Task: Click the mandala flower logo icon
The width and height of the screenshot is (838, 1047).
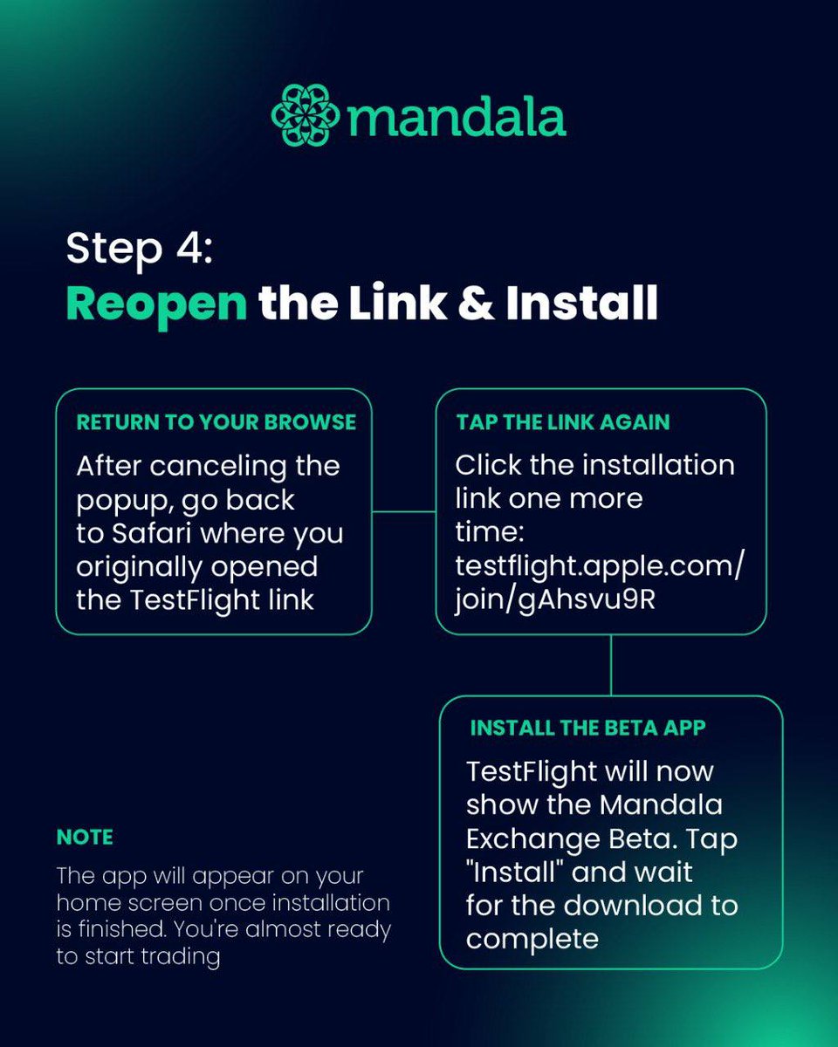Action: pos(306,115)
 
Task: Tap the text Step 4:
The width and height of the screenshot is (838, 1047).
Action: pos(139,250)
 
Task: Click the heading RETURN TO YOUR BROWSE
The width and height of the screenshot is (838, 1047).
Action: pos(216,422)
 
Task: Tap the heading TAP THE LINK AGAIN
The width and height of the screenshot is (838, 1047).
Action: pos(563,422)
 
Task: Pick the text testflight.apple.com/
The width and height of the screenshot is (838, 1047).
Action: pos(600,567)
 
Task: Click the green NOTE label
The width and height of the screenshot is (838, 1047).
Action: pos(85,838)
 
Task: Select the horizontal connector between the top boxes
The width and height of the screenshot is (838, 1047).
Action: pos(403,511)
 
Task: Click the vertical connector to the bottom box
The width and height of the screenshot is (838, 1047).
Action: pos(610,665)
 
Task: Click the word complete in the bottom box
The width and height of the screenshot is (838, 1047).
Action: pos(532,939)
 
